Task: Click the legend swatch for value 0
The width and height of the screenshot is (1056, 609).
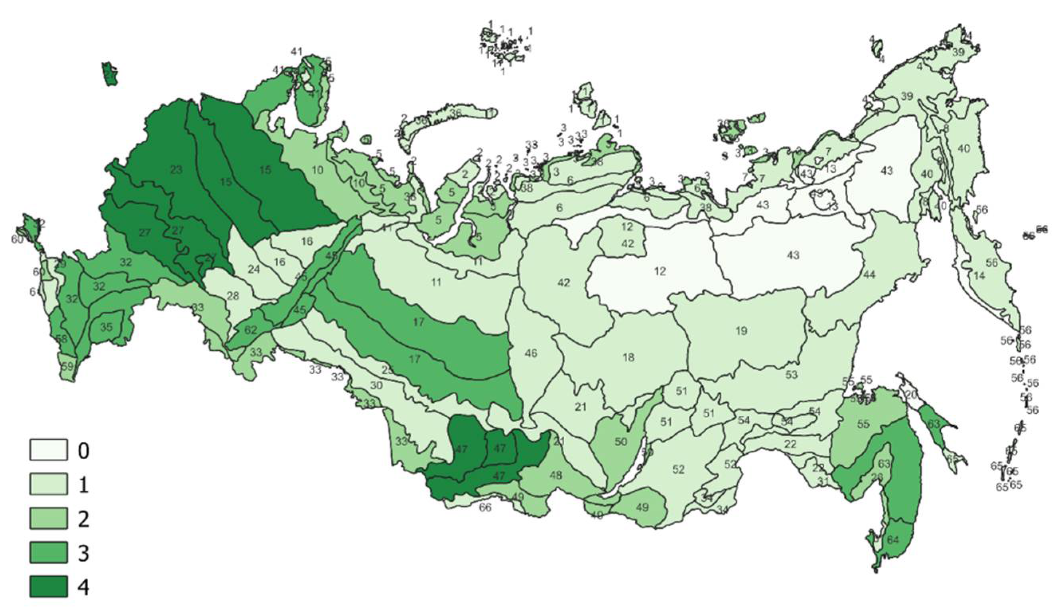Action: [48, 450]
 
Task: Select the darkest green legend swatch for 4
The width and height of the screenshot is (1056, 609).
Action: [48, 586]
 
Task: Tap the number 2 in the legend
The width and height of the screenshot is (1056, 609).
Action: [84, 519]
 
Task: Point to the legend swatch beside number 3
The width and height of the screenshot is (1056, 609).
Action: [48, 552]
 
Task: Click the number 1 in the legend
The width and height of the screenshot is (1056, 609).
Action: [84, 485]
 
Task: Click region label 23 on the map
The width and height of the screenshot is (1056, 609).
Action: [176, 169]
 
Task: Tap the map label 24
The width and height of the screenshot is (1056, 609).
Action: [254, 269]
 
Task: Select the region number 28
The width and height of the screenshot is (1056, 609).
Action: [232, 296]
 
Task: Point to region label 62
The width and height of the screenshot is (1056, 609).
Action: [250, 330]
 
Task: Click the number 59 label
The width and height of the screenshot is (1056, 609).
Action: [67, 366]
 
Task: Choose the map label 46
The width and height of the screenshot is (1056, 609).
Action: [531, 354]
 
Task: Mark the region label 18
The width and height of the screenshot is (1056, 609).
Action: [628, 357]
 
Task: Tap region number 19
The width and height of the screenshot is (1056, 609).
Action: [741, 331]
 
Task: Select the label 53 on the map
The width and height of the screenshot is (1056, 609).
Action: [791, 374]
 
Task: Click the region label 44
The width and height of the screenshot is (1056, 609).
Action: [869, 274]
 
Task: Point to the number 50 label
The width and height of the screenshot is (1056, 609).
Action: [621, 442]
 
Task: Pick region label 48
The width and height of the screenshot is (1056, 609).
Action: [556, 475]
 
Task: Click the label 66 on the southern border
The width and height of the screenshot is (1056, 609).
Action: [485, 508]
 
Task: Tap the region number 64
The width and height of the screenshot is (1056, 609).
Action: [892, 540]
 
